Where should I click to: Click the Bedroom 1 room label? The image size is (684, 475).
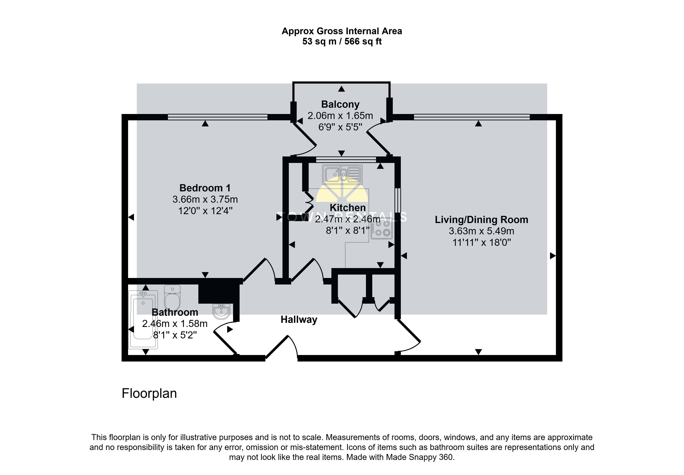point(205,188)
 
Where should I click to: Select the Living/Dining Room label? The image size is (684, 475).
point(481,220)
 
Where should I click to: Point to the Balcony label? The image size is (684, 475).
point(340,104)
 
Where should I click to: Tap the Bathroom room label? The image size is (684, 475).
point(175,312)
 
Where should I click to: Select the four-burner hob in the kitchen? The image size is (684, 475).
point(382,228)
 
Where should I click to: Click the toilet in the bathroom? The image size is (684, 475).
point(172,298)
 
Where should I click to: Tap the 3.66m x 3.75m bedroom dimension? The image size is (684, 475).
point(205,199)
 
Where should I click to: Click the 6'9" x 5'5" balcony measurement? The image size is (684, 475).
point(340,127)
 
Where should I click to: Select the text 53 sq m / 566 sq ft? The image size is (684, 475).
point(342,41)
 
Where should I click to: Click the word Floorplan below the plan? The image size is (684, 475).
point(149,394)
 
